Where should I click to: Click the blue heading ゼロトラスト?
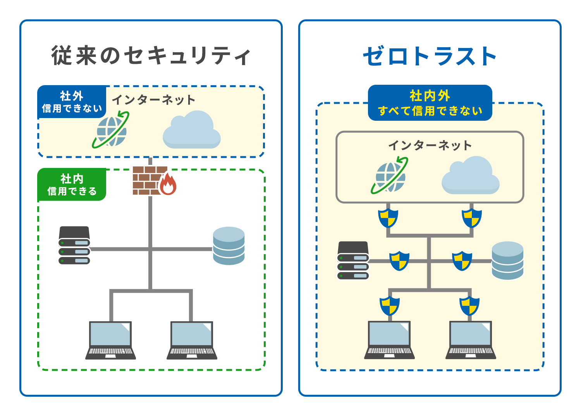click(430, 57)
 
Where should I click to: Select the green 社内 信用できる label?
click(72, 185)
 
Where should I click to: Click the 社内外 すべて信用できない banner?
click(430, 103)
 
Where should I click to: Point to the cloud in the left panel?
click(192, 130)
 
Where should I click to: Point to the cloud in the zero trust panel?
click(470, 176)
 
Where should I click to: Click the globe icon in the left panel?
click(111, 130)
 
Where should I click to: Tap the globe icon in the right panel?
click(390, 176)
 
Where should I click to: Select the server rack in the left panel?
click(74, 245)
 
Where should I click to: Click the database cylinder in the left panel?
click(229, 246)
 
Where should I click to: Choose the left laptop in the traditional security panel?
click(110, 340)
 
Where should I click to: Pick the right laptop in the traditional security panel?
click(192, 340)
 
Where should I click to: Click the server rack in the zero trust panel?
click(353, 260)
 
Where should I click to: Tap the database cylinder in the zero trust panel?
click(507, 260)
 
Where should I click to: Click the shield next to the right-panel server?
click(399, 260)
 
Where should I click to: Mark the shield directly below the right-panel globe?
click(388, 218)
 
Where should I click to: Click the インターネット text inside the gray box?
click(430, 146)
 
